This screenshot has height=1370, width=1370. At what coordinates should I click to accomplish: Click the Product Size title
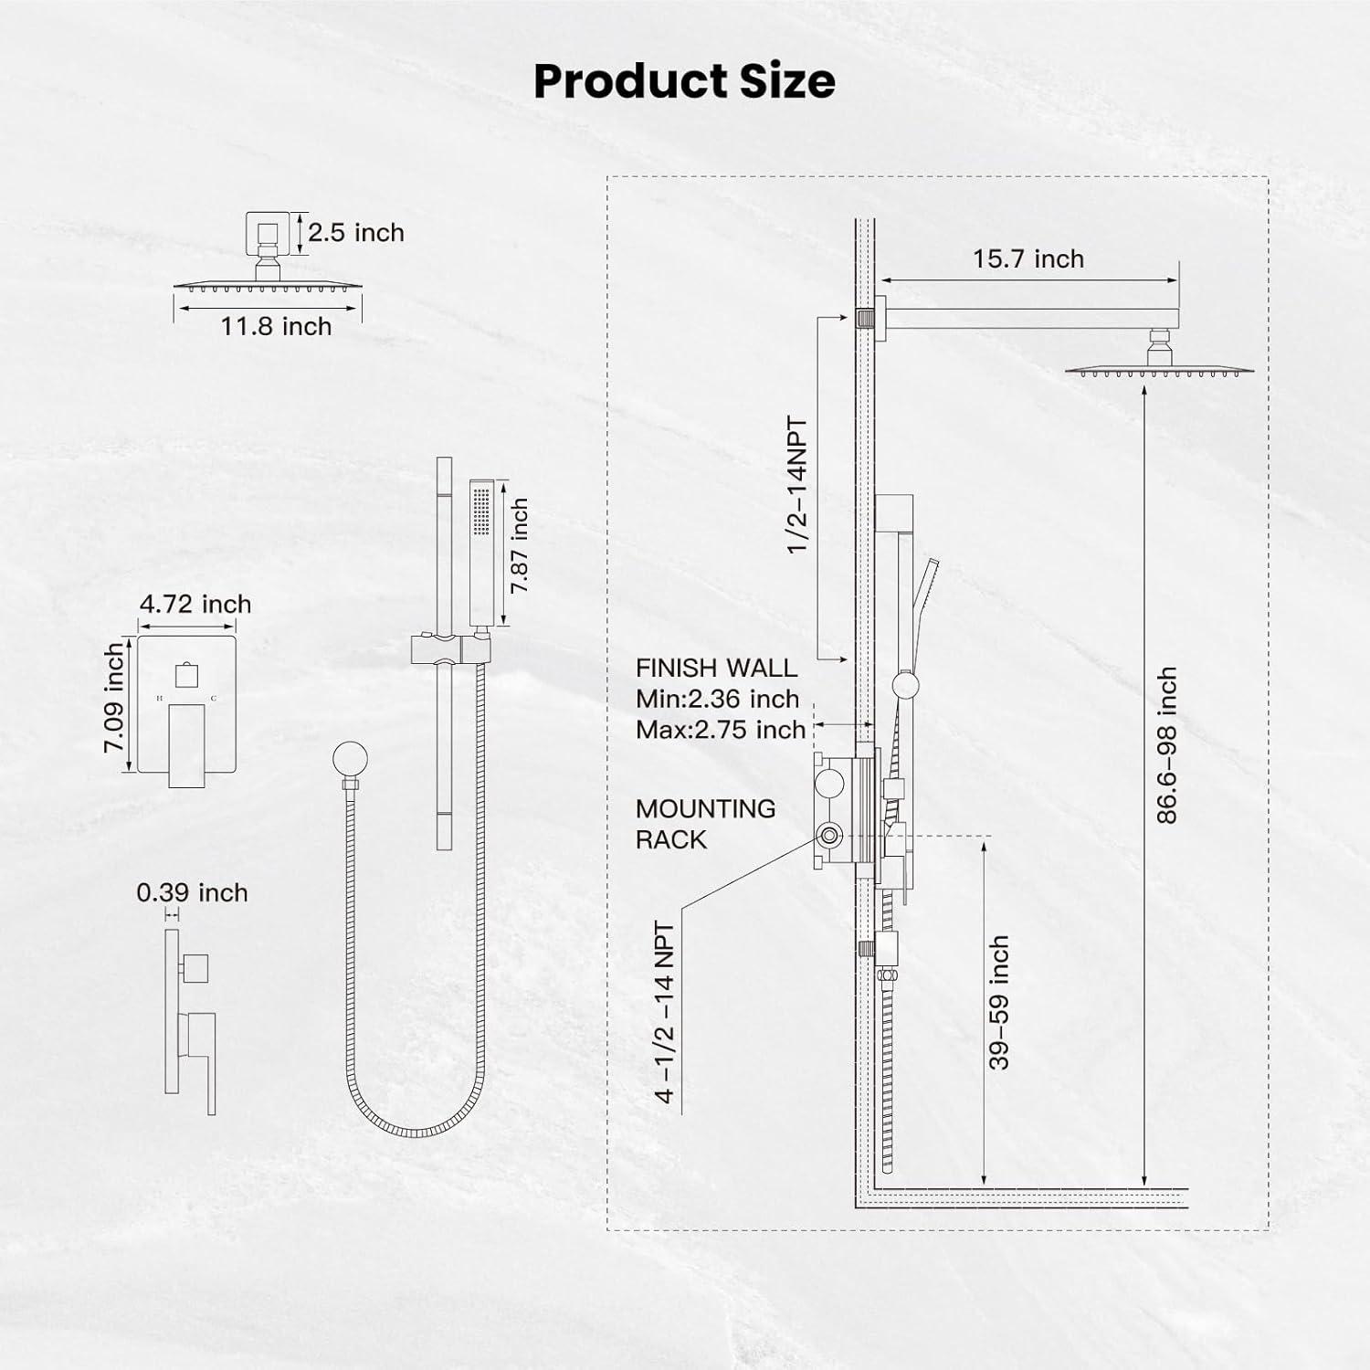tap(684, 81)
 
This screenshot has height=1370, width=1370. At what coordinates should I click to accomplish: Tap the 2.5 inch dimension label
tap(356, 233)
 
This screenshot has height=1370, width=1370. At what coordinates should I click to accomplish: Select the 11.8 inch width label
tap(276, 326)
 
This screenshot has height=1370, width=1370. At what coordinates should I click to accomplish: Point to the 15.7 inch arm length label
tap(1027, 258)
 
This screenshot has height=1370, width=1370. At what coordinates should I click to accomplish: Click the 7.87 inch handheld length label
tap(520, 545)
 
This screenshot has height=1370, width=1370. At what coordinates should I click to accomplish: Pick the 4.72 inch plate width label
tap(195, 604)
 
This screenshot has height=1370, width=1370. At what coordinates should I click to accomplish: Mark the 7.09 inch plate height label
tap(114, 698)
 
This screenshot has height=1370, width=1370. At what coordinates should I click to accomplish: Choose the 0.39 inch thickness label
tap(193, 892)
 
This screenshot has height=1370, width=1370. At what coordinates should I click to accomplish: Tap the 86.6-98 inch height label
tap(1166, 745)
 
